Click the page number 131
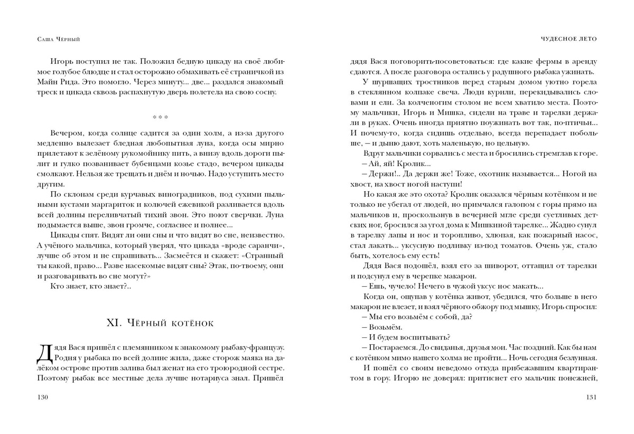tap(591, 397)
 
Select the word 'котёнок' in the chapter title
tap(193, 323)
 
